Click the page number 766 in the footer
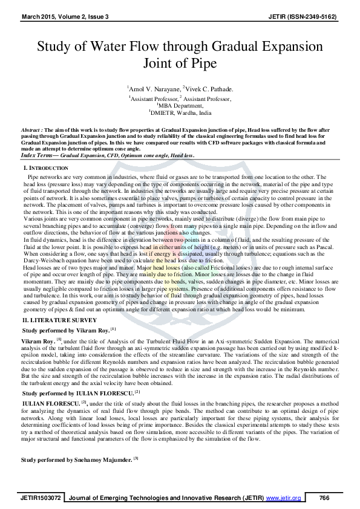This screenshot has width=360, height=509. click(x=324, y=498)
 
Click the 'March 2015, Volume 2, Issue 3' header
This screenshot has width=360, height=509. click(x=59, y=15)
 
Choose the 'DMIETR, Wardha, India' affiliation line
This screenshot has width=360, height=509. click(x=180, y=112)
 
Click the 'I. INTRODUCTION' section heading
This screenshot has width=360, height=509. click(x=46, y=167)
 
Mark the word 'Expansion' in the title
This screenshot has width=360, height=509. click(x=289, y=47)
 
